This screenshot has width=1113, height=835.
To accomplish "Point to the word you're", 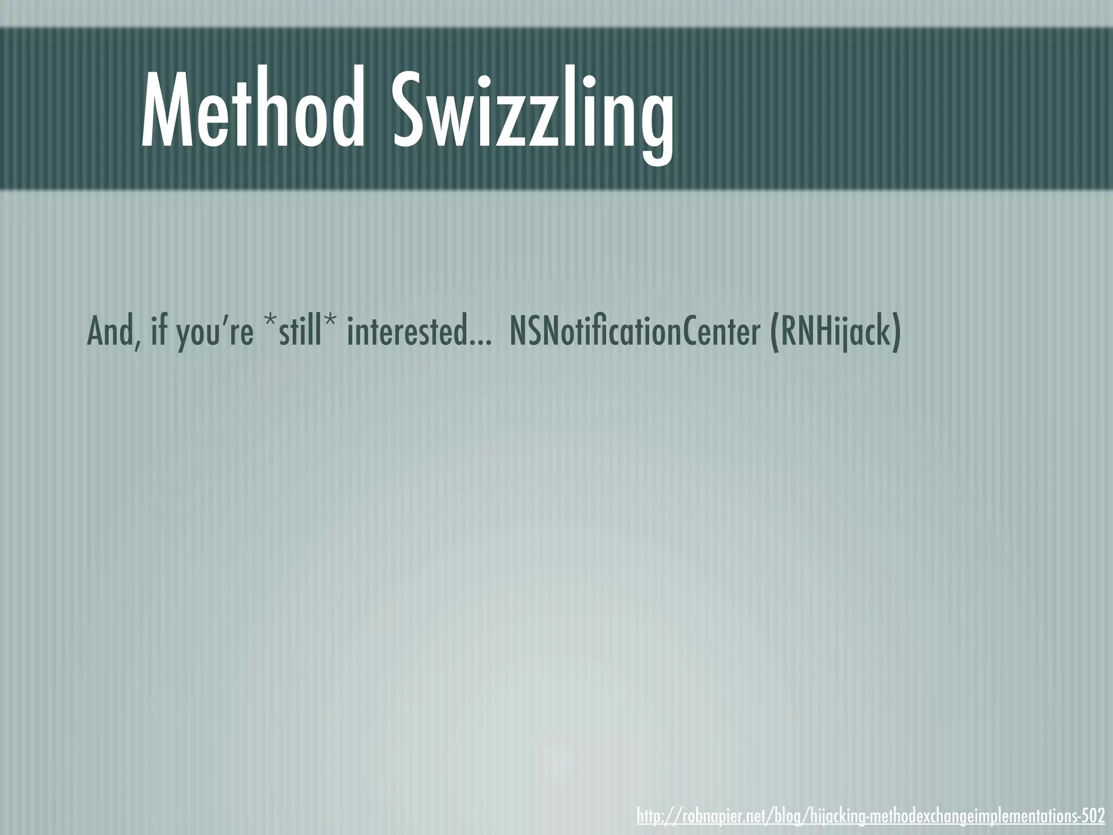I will (x=215, y=333).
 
